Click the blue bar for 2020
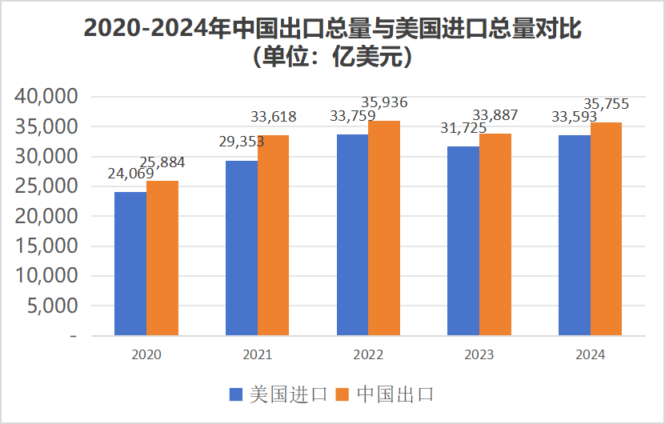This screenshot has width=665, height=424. click(130, 264)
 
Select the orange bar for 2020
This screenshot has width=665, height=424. click(162, 258)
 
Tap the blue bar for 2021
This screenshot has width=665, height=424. click(242, 248)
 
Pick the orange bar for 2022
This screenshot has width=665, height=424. click(384, 229)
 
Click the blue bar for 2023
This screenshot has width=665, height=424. click(463, 241)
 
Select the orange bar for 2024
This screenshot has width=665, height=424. click(606, 230)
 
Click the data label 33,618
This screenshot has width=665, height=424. click(274, 117)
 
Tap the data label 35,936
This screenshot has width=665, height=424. click(384, 102)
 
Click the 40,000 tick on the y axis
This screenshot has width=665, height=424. click(46, 97)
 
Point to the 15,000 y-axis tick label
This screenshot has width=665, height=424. click(46, 246)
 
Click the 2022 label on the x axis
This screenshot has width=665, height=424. click(368, 354)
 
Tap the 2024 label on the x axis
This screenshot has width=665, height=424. click(590, 354)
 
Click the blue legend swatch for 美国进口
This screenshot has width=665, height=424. click(236, 394)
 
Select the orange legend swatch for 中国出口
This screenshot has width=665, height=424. click(343, 394)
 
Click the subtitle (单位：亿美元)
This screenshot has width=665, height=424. click(332, 58)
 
